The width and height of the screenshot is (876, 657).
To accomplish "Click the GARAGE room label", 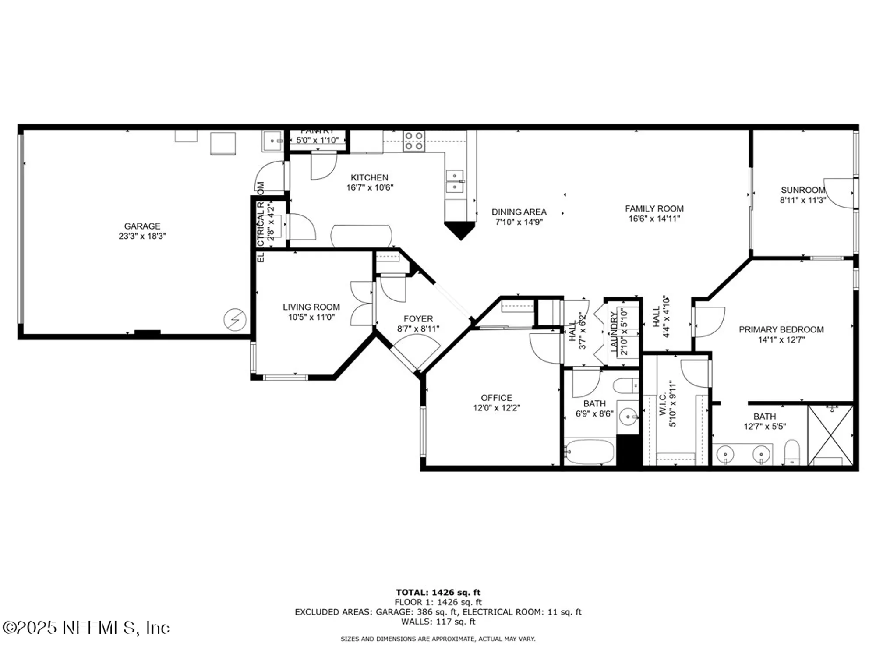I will click(x=142, y=226).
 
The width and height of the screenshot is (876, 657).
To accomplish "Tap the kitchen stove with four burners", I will click(x=414, y=141).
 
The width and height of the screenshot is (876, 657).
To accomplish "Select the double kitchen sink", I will click(x=455, y=182).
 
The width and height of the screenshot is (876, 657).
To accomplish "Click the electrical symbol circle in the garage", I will click(x=235, y=319).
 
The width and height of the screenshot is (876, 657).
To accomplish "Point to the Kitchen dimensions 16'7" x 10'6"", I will click(x=370, y=187).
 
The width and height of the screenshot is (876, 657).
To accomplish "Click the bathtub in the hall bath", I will click(x=590, y=452).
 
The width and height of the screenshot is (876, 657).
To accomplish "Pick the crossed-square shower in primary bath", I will click(x=830, y=435).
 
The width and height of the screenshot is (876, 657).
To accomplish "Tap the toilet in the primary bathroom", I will click(x=792, y=452).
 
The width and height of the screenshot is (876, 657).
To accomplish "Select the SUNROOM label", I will click(x=803, y=190).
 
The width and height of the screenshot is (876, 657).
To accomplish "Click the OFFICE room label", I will click(x=496, y=398).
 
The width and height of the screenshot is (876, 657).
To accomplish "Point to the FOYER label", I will click(x=418, y=319).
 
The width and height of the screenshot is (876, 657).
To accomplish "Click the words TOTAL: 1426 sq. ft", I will click(x=438, y=593).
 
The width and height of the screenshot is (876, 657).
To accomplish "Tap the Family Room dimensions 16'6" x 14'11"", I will click(x=654, y=219).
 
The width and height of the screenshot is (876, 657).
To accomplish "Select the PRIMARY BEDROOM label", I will click(x=781, y=329).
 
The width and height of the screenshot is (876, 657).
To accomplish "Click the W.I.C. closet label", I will click(x=662, y=403).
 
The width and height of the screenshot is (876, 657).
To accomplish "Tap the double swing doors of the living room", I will click(x=362, y=304).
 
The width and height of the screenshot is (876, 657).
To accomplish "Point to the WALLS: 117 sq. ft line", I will click(x=438, y=622).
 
